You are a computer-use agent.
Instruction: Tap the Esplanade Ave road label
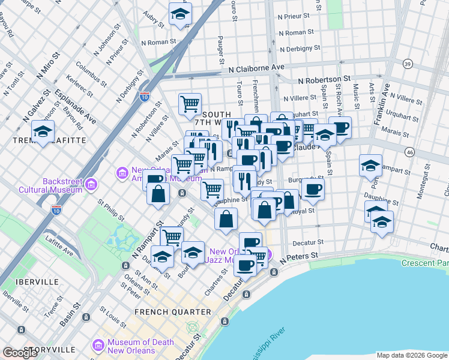(75, 106)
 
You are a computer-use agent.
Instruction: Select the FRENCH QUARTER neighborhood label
(173, 312)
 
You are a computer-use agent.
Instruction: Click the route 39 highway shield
(408, 64)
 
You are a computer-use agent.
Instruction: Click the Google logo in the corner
(20, 353)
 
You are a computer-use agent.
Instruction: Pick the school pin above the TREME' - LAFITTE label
(43, 131)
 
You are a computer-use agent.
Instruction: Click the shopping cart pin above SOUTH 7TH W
(190, 104)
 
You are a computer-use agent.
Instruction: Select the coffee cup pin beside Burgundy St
(312, 189)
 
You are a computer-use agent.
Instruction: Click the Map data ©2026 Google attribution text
(411, 355)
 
